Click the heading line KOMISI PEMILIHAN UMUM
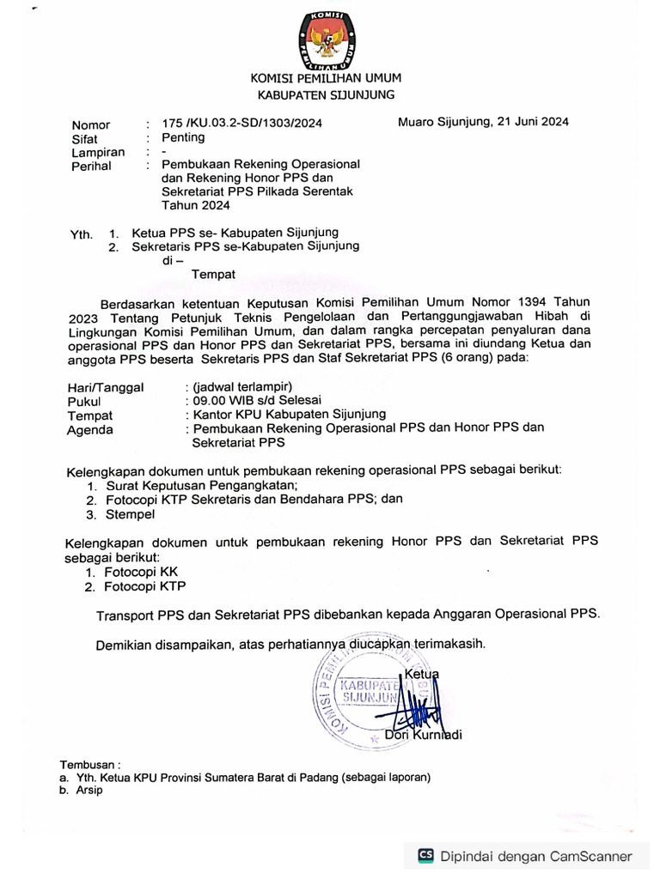(326, 79)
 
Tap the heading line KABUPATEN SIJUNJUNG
(326, 95)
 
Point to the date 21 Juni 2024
(532, 122)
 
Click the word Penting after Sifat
(183, 137)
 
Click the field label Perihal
(91, 166)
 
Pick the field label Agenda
(90, 430)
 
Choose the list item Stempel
(129, 514)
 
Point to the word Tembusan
(90, 764)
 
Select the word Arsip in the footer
(88, 791)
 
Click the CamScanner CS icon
(425, 855)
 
